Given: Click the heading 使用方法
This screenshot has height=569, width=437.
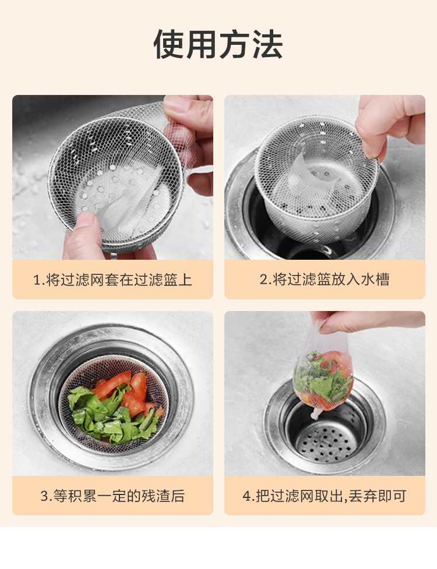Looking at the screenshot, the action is [x=218, y=44].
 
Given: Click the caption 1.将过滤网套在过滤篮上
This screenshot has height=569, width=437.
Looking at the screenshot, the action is [x=112, y=280].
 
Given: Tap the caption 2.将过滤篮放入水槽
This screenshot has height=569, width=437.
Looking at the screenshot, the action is [x=325, y=280].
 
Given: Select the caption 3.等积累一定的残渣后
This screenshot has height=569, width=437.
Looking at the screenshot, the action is [x=112, y=496].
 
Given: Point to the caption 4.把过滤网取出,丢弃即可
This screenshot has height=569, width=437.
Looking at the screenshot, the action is [x=325, y=496].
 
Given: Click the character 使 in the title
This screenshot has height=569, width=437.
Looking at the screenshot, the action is [x=169, y=44].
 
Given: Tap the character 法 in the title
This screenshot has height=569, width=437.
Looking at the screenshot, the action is [x=267, y=44].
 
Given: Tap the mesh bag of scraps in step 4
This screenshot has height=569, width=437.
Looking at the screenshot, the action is [x=323, y=374].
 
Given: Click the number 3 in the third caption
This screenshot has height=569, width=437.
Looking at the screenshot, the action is [x=44, y=496].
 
